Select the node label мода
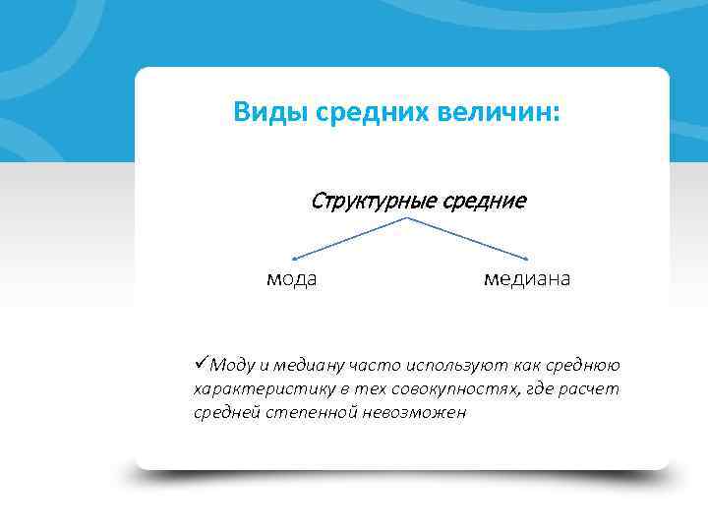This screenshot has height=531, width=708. click(x=292, y=279)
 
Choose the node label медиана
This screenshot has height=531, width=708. click(x=526, y=279)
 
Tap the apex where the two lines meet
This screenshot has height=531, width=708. click(x=408, y=218)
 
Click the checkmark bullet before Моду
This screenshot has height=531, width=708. click(x=202, y=365)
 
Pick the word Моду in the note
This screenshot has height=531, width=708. click(x=232, y=366)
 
